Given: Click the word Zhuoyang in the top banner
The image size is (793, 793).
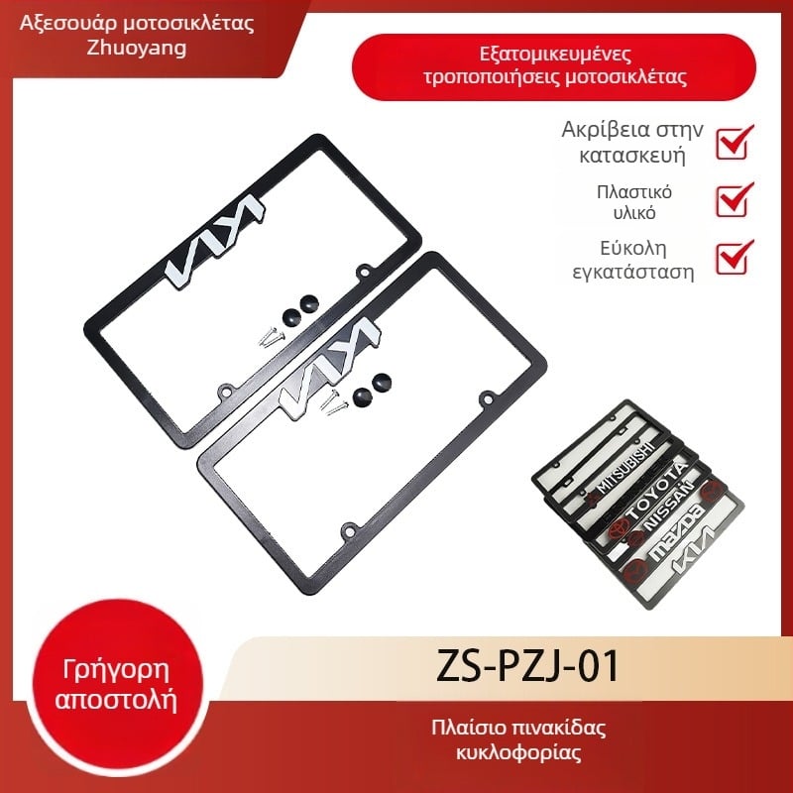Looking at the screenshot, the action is click(x=137, y=49).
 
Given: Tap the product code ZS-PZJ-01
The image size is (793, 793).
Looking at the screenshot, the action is click(x=527, y=666).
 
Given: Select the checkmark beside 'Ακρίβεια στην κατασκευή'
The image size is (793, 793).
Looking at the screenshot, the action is click(x=735, y=142).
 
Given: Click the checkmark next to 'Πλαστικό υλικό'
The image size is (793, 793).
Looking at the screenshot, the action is click(x=735, y=200).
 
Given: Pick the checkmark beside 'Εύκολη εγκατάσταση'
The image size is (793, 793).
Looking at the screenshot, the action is click(x=735, y=257).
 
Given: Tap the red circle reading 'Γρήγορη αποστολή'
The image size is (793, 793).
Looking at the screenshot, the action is click(x=116, y=686).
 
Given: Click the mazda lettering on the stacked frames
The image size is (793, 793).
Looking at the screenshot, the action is click(x=678, y=532).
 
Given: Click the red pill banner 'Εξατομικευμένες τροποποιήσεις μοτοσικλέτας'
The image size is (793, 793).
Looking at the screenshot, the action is click(x=554, y=66).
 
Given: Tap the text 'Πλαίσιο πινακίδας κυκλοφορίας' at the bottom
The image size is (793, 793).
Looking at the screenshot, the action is click(x=518, y=739).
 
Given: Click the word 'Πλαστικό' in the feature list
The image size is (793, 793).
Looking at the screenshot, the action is click(x=634, y=192).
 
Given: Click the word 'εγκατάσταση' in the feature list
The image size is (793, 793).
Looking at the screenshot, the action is click(x=633, y=272).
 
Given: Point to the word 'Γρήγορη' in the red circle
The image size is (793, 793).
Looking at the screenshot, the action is click(x=116, y=671).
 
